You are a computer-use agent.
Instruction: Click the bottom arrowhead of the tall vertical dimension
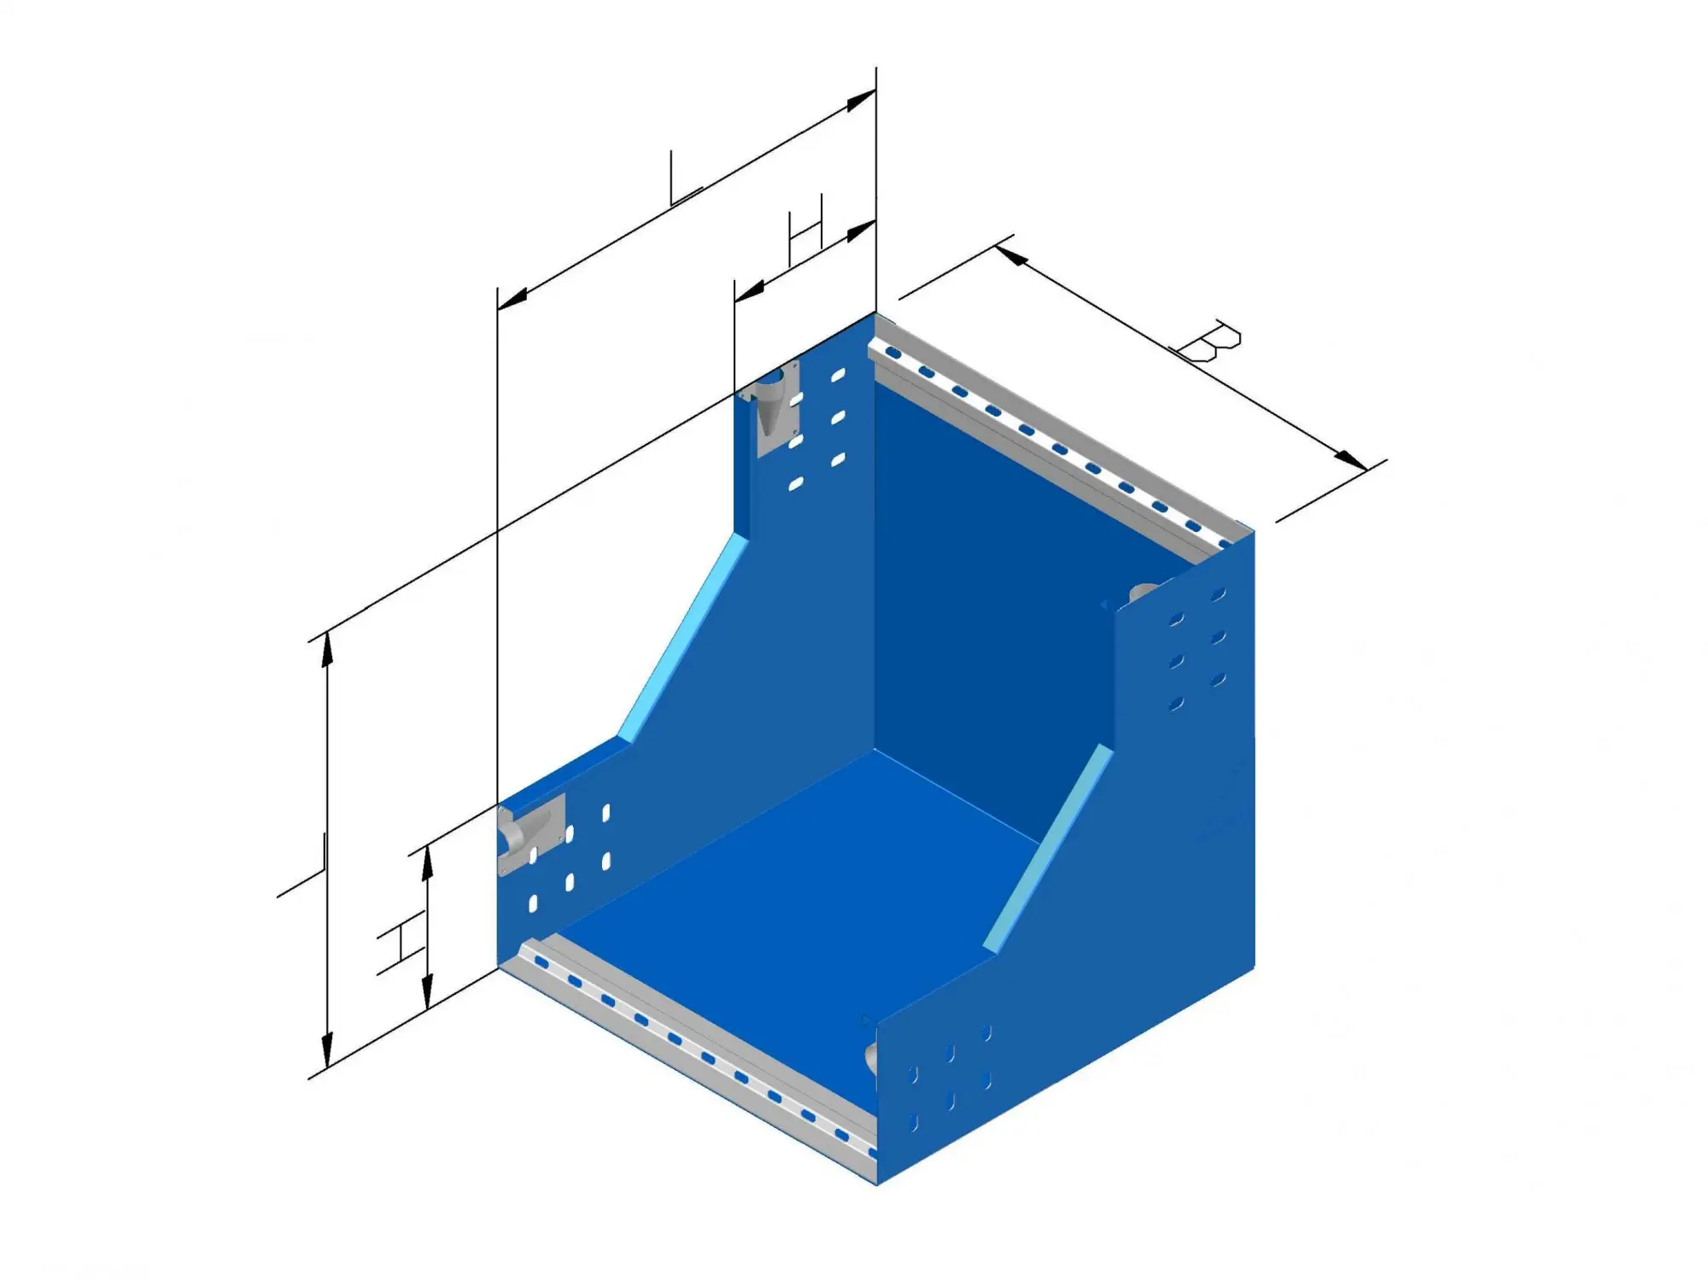[326, 1052]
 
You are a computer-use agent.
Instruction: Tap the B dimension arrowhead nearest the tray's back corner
[1011, 254]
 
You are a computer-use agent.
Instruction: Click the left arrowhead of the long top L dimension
[512, 298]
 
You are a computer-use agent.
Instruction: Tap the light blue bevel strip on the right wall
[1049, 849]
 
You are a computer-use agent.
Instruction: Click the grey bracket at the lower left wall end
[529, 833]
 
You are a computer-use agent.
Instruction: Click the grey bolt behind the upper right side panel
[1143, 592]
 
